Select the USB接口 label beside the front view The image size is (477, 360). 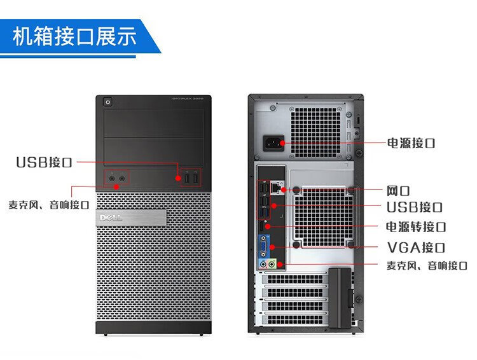click(x=44, y=162)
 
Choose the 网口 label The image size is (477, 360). click(x=398, y=190)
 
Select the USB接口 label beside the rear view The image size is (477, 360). click(x=415, y=207)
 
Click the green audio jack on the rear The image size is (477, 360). click(x=272, y=263)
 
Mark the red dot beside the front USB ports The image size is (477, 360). click(x=179, y=179)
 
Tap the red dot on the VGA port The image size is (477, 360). click(x=272, y=247)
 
